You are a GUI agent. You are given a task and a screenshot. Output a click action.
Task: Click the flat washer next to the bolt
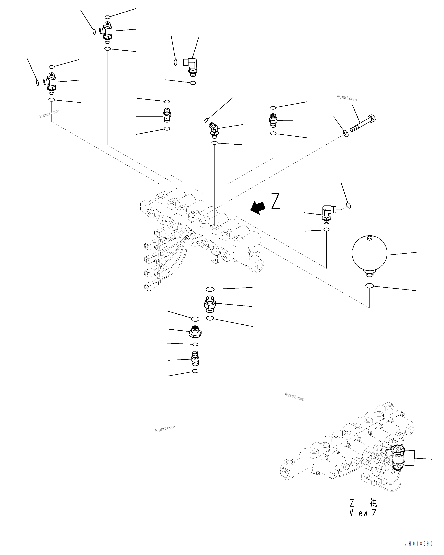(x=346, y=133)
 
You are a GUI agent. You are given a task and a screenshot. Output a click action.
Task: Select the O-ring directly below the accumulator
(x=369, y=286)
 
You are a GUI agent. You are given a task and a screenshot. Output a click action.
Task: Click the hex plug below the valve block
(x=195, y=332)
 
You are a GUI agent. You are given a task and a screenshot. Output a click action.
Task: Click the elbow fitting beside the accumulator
(x=328, y=212)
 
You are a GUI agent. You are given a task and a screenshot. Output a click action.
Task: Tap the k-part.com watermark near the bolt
(x=347, y=98)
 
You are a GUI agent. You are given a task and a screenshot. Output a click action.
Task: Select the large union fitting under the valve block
(x=210, y=304)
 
